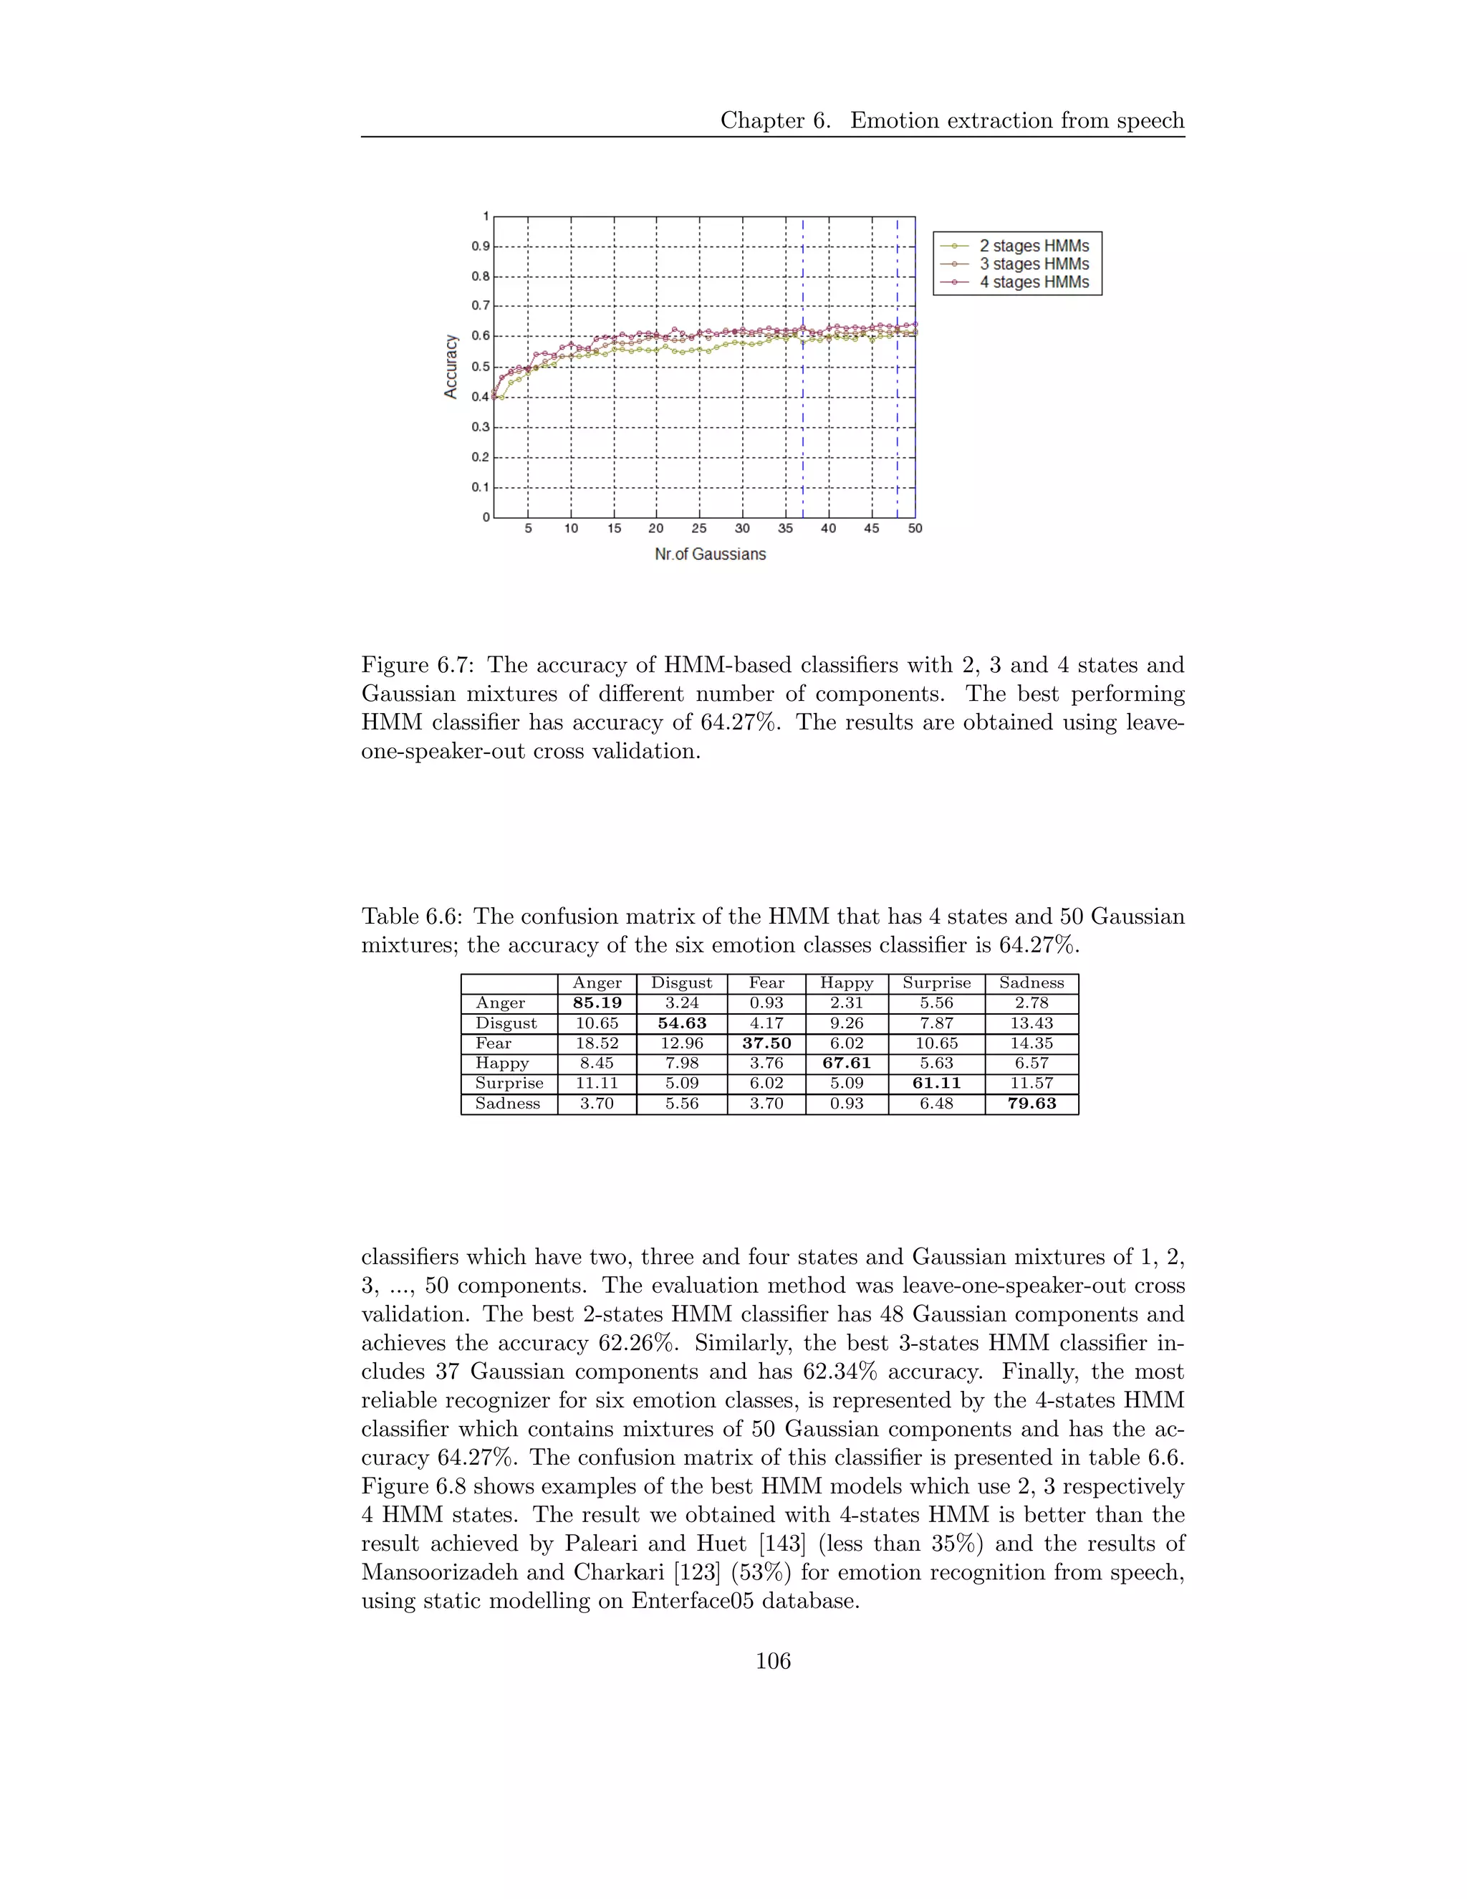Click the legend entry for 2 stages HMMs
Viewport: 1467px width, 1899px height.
[x=1034, y=246]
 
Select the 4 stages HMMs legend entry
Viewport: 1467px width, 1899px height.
[x=1034, y=282]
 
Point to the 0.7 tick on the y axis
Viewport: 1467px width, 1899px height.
[x=481, y=306]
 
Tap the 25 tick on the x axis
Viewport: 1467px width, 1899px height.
[x=698, y=529]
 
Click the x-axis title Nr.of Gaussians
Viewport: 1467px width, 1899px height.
[x=710, y=554]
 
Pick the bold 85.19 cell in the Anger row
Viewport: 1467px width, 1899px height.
[x=597, y=1003]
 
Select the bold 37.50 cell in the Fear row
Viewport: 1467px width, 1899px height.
[x=766, y=1043]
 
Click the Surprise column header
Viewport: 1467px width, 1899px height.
[x=936, y=982]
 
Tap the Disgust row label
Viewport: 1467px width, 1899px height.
[x=506, y=1023]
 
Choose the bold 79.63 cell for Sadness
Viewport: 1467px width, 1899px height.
[x=1031, y=1104]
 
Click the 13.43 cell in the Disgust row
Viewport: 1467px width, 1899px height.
[x=1031, y=1023]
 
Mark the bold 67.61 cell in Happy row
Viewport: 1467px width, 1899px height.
[x=847, y=1063]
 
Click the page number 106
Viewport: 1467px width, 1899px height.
[x=773, y=1662]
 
